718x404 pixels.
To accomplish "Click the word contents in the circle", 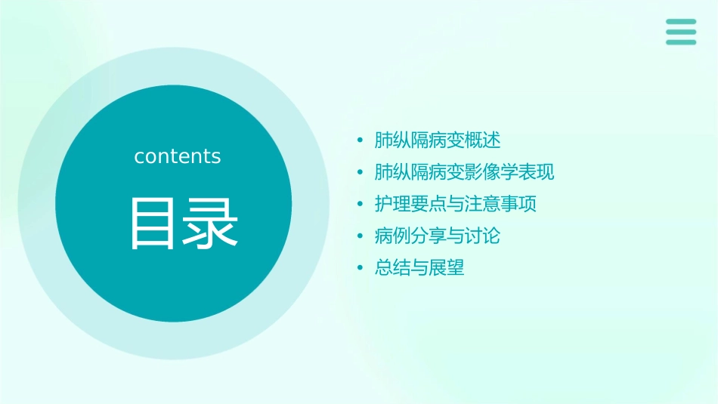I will (x=178, y=156).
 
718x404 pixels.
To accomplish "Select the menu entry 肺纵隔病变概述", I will (x=438, y=140).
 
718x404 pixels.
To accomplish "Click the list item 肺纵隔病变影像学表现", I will (x=464, y=172).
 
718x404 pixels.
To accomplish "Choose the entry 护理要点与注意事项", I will (x=455, y=204).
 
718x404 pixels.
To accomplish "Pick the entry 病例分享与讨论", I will (x=438, y=236).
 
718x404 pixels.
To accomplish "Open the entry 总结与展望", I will (x=419, y=267).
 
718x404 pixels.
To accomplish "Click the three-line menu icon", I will (x=681, y=32).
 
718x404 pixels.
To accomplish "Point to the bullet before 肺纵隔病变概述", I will (x=361, y=140).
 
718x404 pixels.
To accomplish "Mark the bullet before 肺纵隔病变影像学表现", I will (x=361, y=173).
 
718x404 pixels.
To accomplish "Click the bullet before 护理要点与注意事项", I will (x=361, y=205).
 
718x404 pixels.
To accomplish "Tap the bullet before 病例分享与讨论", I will (x=361, y=236).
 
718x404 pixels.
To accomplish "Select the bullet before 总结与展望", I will (x=361, y=268).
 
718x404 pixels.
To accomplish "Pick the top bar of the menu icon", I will (x=681, y=22).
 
